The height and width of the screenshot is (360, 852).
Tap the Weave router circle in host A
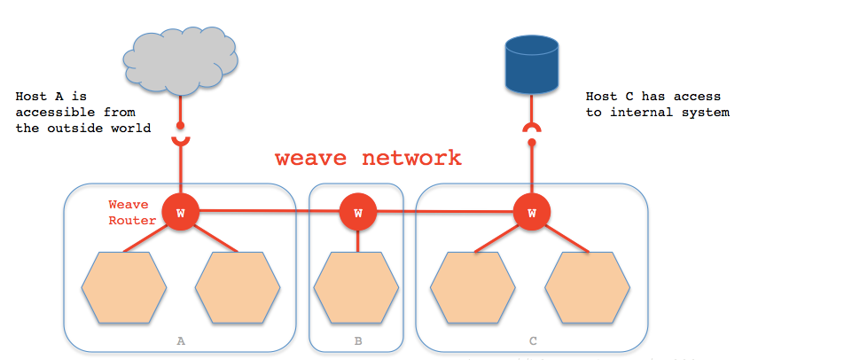(180, 213)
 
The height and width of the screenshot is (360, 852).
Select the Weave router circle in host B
(357, 213)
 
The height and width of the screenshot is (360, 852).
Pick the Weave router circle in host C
(531, 213)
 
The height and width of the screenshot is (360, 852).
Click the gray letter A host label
(181, 340)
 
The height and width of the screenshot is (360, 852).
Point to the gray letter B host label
(357, 340)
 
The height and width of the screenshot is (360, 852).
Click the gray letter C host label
(532, 340)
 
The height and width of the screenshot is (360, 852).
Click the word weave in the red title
(305, 158)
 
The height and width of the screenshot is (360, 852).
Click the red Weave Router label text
(128, 213)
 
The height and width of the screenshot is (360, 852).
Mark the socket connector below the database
(530, 129)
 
